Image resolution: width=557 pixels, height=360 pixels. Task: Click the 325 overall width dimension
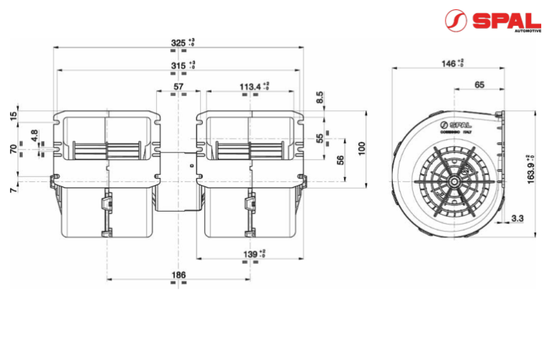coord(178,44)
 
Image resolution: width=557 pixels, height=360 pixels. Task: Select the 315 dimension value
coord(178,66)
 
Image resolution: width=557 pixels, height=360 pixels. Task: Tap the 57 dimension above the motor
coord(178,87)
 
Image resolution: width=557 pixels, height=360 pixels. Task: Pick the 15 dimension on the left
coord(13,117)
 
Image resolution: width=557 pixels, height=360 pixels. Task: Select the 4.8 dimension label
coord(34,135)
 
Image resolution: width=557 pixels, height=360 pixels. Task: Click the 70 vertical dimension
coord(13,150)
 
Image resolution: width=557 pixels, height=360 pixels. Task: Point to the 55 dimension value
coord(320,138)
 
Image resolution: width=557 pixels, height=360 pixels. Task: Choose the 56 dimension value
coord(340,160)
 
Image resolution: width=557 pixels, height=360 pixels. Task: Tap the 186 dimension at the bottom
coord(178,275)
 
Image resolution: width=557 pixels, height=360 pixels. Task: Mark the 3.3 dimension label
coord(516,217)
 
